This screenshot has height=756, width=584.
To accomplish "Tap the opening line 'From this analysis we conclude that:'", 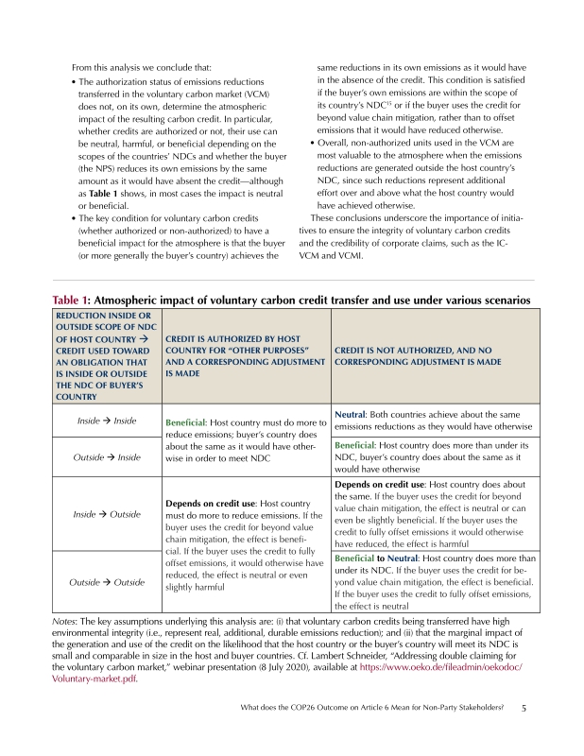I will pyautogui.click(x=142, y=69).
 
